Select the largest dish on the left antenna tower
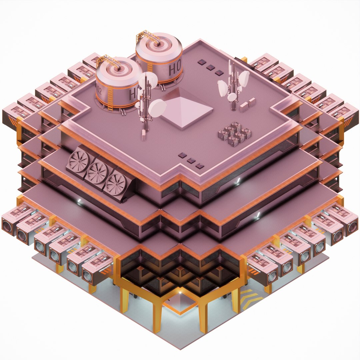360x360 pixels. [x=157, y=109]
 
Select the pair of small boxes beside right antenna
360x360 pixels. [x=248, y=104]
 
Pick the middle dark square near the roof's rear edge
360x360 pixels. [x=210, y=67]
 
